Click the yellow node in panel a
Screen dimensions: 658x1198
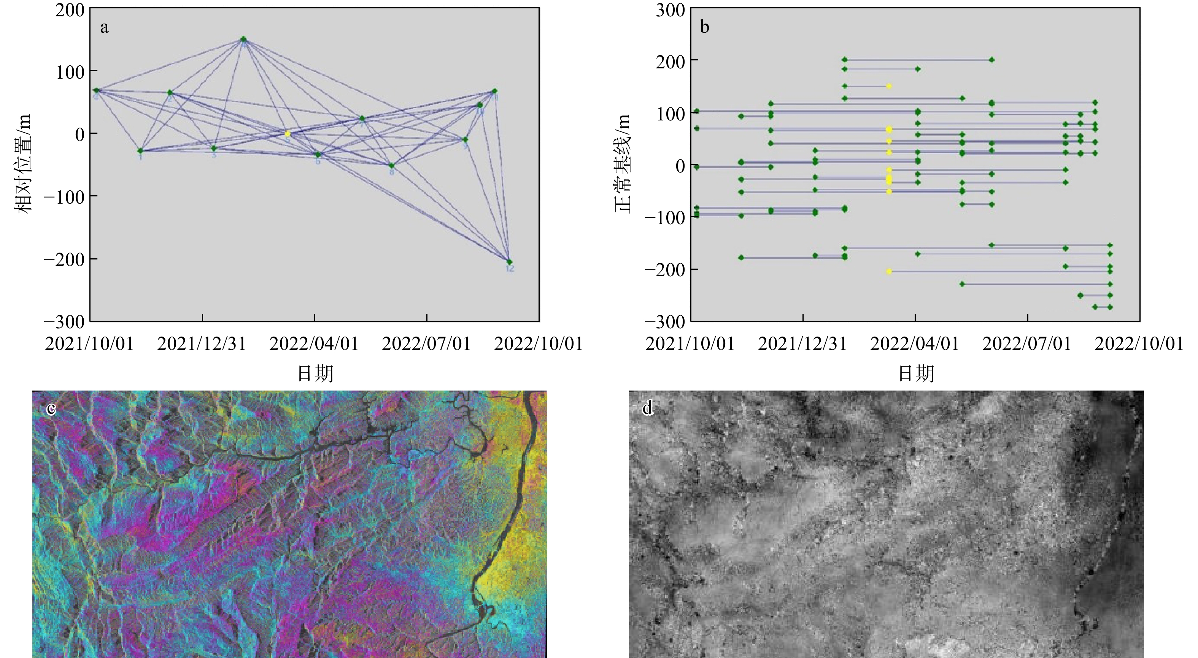pos(288,133)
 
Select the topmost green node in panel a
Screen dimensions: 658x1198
pos(243,39)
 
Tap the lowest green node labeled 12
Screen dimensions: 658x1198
pos(509,262)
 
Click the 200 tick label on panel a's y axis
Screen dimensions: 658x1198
pos(70,10)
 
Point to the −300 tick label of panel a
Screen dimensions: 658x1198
pos(65,321)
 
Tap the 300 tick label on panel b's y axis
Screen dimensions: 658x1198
pos(670,10)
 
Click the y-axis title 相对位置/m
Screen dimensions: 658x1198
pos(23,164)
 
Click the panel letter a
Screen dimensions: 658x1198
pos(104,27)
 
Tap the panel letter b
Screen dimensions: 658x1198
pos(705,27)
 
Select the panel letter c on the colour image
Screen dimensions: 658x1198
pos(51,409)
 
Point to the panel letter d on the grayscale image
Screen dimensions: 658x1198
pos(647,409)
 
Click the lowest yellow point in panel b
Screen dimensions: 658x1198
pos(889,271)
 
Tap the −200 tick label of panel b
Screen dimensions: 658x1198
pos(665,269)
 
